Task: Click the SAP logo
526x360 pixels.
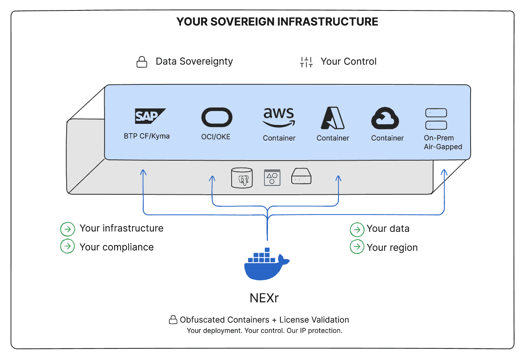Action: pos(150,116)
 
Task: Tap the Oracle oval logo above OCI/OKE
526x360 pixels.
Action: pos(217,117)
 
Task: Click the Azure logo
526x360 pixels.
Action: pos(333,118)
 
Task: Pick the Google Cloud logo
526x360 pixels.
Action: pos(385,118)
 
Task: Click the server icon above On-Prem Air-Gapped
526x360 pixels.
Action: pos(436,119)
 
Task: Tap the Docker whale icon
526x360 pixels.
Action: pos(266,264)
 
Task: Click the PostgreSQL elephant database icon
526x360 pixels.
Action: pos(242,178)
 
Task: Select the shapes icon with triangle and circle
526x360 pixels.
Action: pos(272,178)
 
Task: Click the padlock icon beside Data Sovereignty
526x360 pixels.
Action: pos(142,62)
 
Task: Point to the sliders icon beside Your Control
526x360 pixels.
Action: pos(306,62)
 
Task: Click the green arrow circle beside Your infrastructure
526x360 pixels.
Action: pos(67,229)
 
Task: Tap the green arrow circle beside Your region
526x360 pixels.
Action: pos(357,247)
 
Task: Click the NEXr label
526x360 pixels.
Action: pos(264,298)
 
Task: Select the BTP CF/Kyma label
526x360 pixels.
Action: pos(147,136)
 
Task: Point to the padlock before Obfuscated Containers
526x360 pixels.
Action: pos(173,320)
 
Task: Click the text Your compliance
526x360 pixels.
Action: pos(117,247)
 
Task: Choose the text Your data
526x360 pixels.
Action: pos(388,229)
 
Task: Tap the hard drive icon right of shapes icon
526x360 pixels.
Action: pos(301,177)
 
